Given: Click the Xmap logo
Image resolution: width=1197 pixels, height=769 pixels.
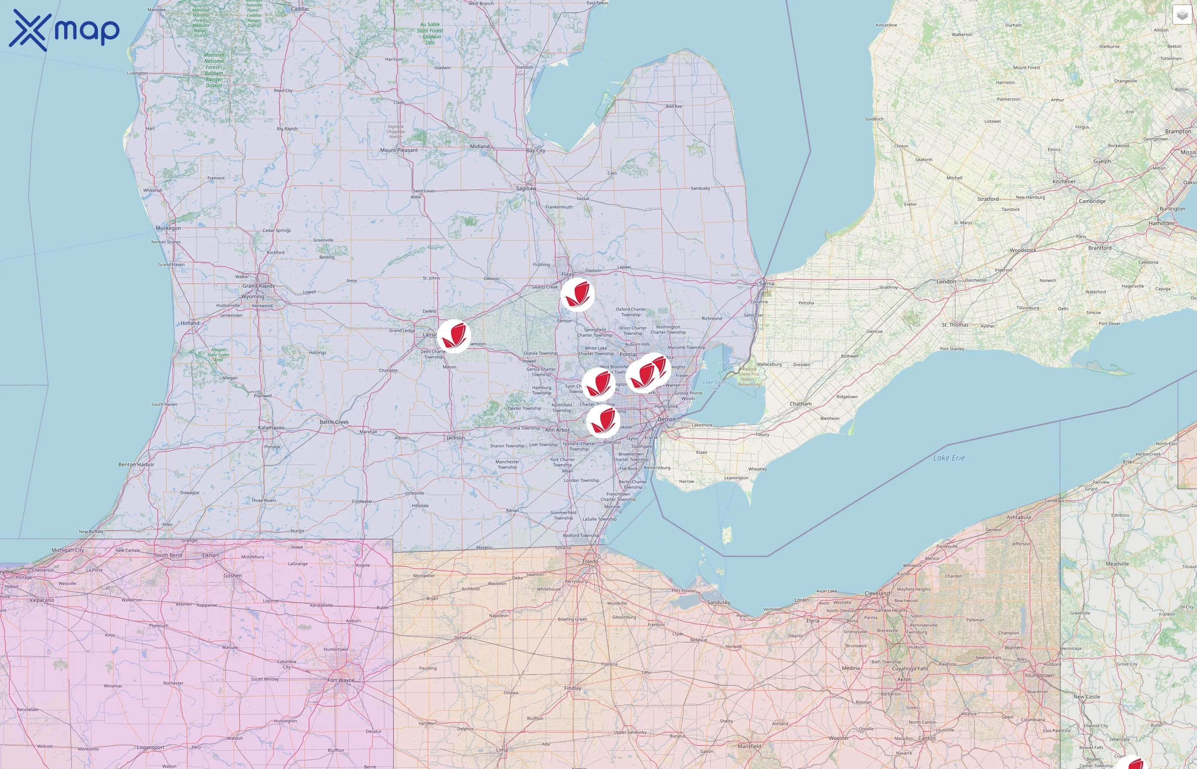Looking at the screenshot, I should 64,30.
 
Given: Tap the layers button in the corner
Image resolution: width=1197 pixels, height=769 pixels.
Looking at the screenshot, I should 1182,15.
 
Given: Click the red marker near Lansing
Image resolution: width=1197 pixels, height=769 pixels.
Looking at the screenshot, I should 454,336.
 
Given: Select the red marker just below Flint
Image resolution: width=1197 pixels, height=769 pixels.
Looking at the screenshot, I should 577,295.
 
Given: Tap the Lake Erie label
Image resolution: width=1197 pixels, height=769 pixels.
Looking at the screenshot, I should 949,458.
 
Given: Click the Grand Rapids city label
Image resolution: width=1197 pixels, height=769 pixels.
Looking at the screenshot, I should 258,286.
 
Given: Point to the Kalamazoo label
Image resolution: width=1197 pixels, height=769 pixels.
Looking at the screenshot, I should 271,428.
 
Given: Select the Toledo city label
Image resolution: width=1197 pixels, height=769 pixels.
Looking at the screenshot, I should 590,561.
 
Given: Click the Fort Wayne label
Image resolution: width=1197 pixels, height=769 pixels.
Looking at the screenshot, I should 341,680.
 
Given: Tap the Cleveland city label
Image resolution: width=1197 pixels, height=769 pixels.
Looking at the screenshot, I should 877,593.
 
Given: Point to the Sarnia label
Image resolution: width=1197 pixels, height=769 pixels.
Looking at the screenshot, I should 767,284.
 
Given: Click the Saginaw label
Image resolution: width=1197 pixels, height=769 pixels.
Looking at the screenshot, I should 526,188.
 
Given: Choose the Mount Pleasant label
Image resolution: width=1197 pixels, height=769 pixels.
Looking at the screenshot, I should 399,150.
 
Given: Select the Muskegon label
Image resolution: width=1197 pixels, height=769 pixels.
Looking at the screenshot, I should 168,228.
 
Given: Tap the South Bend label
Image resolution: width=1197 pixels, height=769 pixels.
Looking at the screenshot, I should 168,555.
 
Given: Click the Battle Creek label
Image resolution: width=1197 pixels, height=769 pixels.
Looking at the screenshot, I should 334,422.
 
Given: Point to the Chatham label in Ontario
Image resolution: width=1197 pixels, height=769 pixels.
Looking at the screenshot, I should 800,403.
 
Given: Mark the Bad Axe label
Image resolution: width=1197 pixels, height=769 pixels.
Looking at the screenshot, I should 673,106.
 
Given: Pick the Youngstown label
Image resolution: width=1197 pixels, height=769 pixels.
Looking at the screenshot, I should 1039,675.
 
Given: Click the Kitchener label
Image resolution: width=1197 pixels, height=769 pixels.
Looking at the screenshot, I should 1064,182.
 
